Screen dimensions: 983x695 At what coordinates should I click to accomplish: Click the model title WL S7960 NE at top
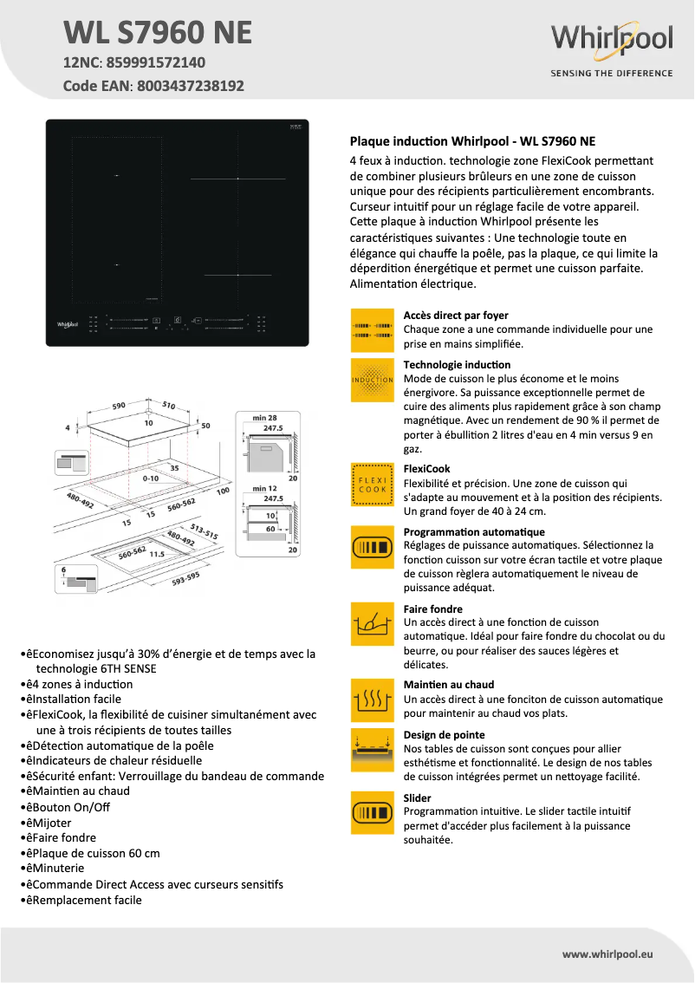point(158,33)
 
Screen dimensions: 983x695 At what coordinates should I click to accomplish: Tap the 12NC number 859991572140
point(156,63)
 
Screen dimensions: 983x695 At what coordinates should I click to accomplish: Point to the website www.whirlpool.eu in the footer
point(607,954)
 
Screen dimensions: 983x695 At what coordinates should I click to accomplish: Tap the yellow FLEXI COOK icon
point(373,484)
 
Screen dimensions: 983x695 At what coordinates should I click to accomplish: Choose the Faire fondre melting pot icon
point(373,623)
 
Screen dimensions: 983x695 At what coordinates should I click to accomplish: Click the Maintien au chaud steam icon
point(373,700)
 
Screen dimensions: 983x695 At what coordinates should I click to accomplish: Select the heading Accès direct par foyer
point(456,316)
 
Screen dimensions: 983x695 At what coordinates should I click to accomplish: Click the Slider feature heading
point(417,797)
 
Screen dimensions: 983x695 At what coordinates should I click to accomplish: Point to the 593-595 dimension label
point(185,578)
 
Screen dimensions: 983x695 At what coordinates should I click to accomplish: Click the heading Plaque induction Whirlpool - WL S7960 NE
point(471,140)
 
